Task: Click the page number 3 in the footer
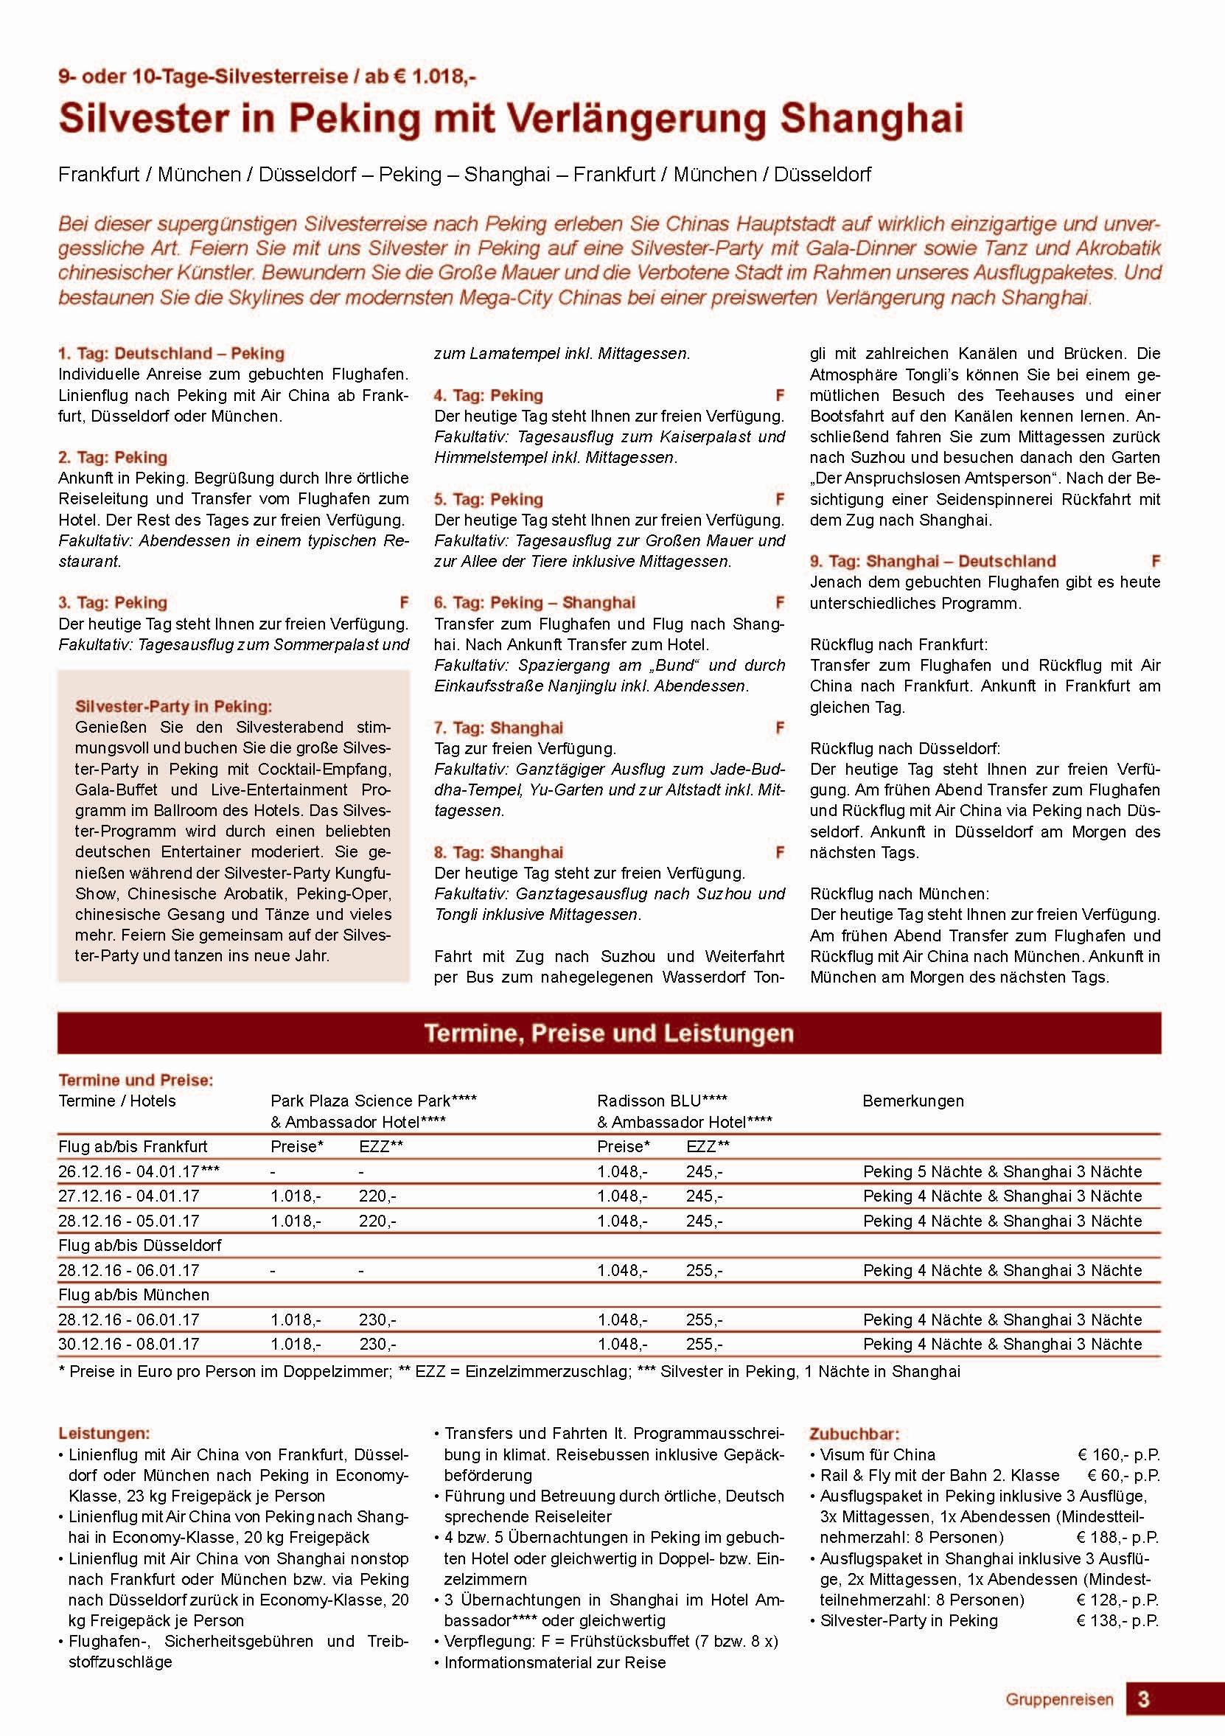(x=1143, y=1699)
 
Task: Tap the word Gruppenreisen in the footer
(x=1058, y=1700)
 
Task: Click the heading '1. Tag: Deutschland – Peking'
(x=171, y=353)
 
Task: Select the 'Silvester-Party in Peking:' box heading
(x=173, y=706)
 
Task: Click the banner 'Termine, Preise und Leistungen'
(x=609, y=1033)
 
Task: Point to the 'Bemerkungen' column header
(x=912, y=1101)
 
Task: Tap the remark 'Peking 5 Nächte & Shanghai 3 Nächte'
(x=1002, y=1171)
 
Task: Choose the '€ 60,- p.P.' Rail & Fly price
(x=1123, y=1475)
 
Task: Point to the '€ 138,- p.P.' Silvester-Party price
(x=1117, y=1620)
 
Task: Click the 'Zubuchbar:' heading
(x=854, y=1434)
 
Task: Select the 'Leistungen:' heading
(x=104, y=1433)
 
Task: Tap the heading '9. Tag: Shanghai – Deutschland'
(x=932, y=561)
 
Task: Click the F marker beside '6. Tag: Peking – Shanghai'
(x=780, y=602)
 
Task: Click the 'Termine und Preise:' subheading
(x=136, y=1080)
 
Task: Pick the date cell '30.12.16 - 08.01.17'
(x=128, y=1344)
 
